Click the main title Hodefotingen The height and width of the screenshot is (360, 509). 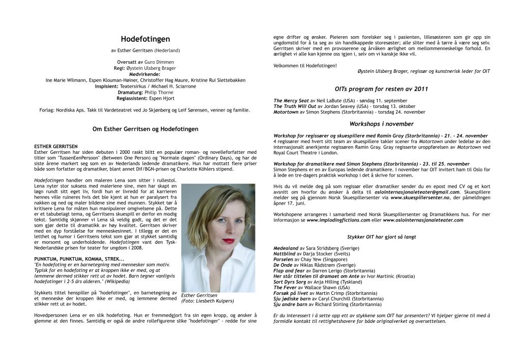145,39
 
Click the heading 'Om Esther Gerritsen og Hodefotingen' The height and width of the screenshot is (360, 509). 145,129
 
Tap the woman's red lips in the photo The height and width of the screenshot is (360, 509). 229,241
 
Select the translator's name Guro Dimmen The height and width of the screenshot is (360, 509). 156,62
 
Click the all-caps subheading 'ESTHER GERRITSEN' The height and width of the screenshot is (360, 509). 55,147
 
